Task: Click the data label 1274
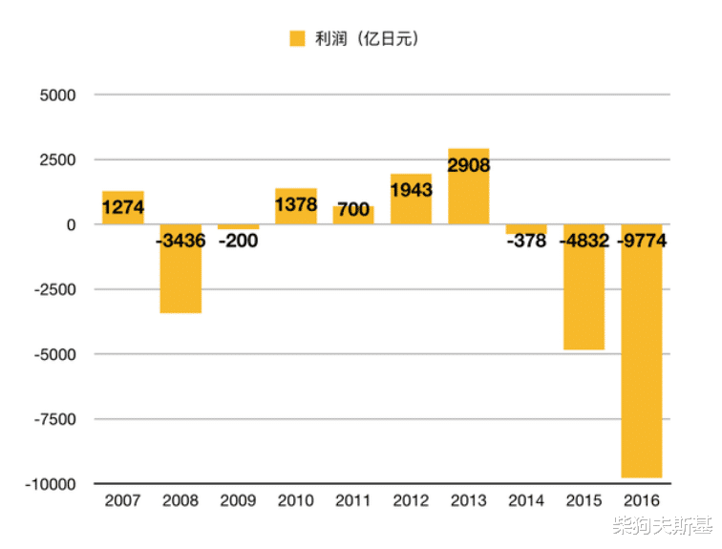(x=123, y=207)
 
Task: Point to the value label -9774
(x=641, y=241)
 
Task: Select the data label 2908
(x=468, y=166)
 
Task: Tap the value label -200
(x=238, y=241)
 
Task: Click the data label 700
(x=353, y=209)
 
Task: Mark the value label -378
(x=526, y=241)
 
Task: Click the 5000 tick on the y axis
(x=58, y=95)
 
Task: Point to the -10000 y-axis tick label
(x=53, y=483)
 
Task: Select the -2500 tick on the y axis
(x=55, y=289)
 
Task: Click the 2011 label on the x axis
(x=353, y=500)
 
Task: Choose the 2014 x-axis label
(x=526, y=500)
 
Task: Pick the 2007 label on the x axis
(x=123, y=500)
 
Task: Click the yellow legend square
(x=297, y=39)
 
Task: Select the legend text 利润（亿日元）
(x=367, y=39)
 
